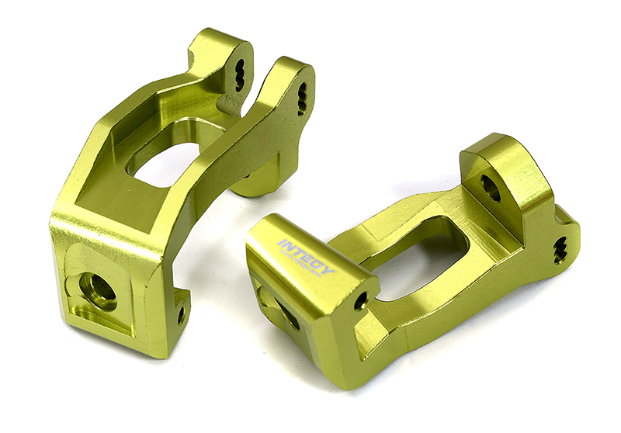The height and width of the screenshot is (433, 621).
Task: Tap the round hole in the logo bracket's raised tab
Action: point(491,187)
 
